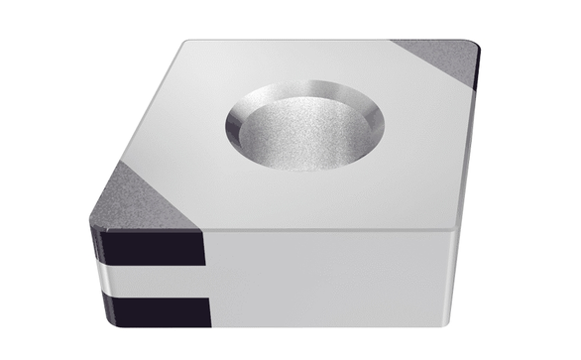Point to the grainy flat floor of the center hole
pos(302,139)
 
